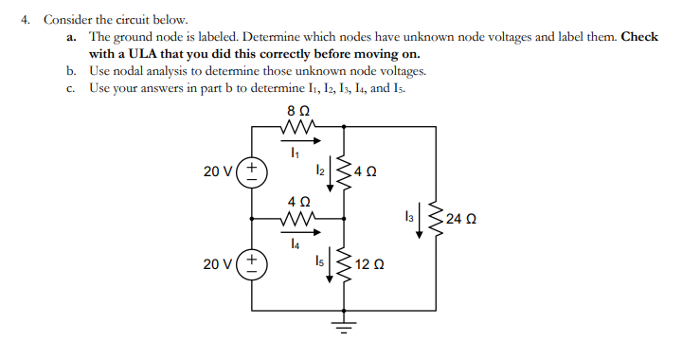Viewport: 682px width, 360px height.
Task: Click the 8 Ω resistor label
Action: pyautogui.click(x=296, y=111)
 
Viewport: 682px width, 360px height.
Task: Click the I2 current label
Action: pyautogui.click(x=320, y=170)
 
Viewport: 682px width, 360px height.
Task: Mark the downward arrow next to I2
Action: pyautogui.click(x=332, y=168)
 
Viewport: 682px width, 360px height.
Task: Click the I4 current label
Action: pyautogui.click(x=296, y=243)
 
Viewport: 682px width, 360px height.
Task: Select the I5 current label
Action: pyautogui.click(x=320, y=262)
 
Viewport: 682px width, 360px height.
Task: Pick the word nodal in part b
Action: pyautogui.click(x=130, y=71)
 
